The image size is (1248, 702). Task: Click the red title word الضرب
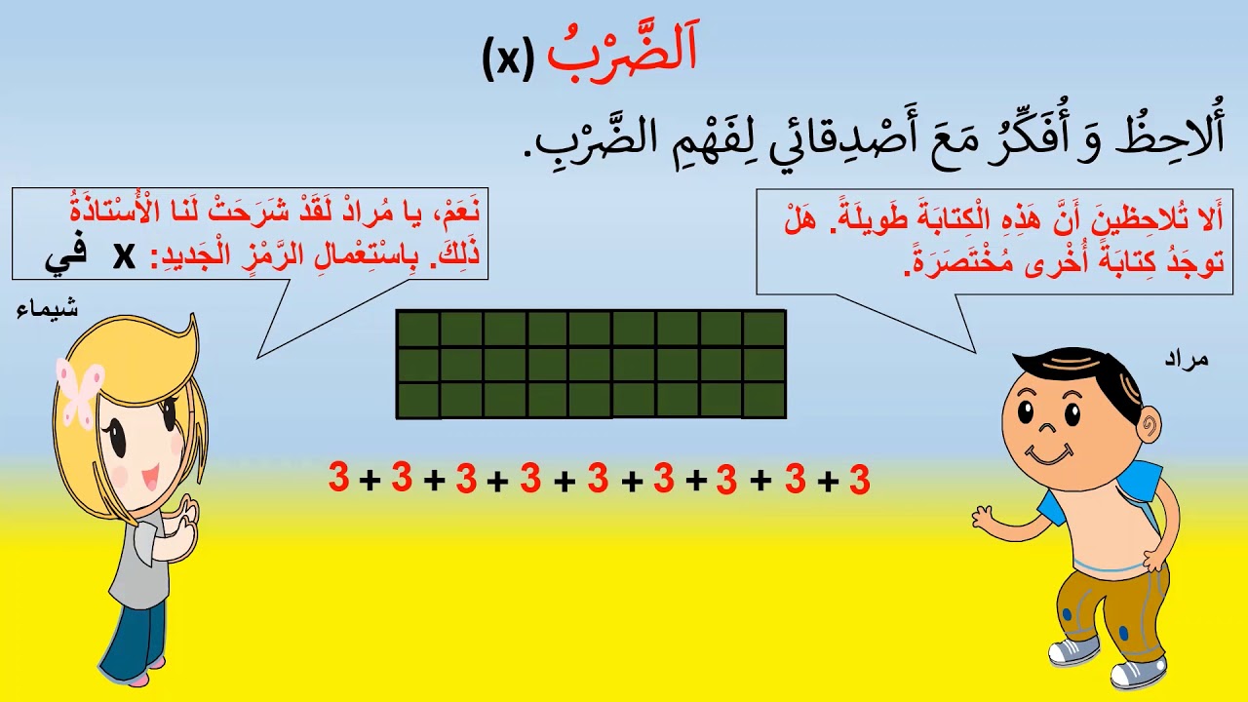pos(622,57)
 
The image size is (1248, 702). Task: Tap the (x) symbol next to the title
pos(508,60)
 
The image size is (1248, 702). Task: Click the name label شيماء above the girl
pos(48,310)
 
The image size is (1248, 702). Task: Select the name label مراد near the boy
pos(1186,359)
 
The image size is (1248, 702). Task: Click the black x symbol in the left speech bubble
pos(124,255)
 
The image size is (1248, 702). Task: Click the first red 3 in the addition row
pos(338,478)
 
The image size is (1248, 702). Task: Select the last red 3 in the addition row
pos(858,480)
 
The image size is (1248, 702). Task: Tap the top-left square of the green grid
pos(417,329)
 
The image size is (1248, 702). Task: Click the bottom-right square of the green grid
pos(764,400)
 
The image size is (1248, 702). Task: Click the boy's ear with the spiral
pos(1150,424)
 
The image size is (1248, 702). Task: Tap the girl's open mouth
pos(151,478)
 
